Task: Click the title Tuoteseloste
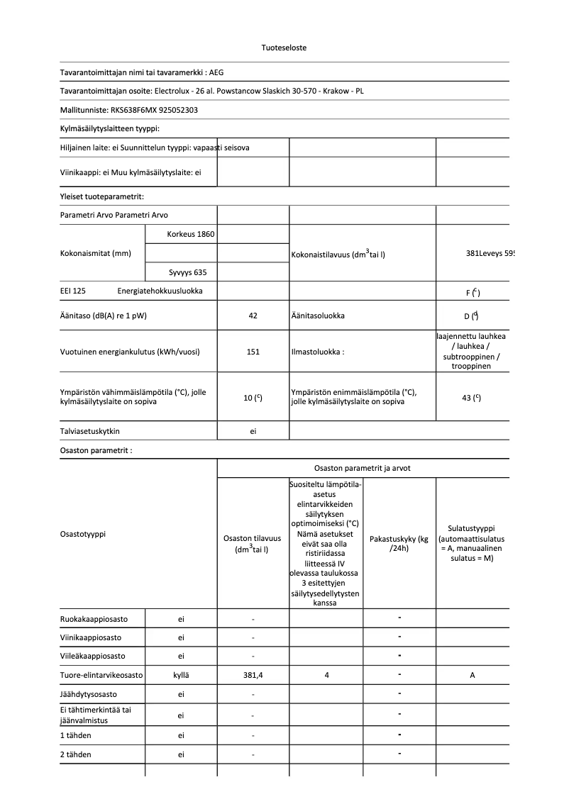tap(284, 48)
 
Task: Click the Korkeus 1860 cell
tap(190, 234)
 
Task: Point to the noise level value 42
tap(253, 316)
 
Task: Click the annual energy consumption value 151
tap(253, 352)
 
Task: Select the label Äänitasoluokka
tap(317, 316)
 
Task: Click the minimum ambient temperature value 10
tap(250, 398)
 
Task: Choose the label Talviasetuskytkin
tap(90, 431)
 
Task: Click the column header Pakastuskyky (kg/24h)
tap(399, 544)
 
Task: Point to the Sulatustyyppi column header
tap(472, 543)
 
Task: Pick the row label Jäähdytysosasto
tap(89, 694)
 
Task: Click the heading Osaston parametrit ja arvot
tap(362, 468)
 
